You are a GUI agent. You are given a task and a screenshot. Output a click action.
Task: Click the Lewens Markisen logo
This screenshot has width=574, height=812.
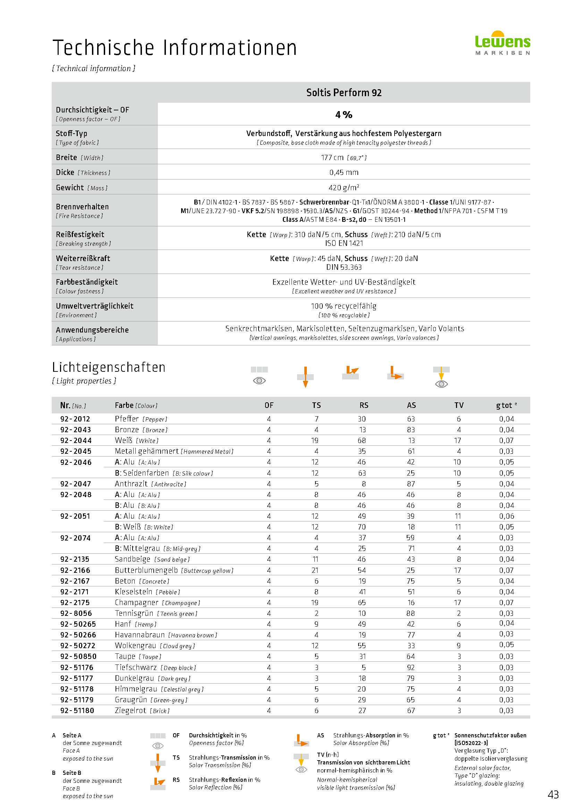pyautogui.click(x=502, y=43)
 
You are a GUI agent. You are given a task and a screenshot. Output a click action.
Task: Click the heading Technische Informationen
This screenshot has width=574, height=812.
pyautogui.click(x=175, y=48)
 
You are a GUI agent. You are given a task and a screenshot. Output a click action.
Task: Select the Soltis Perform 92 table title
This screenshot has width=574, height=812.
pyautogui.click(x=344, y=93)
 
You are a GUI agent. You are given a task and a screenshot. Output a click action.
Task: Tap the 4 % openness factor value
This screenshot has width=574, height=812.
pyautogui.click(x=344, y=115)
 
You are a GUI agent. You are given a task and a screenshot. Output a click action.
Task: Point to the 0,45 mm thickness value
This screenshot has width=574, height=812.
pyautogui.click(x=344, y=173)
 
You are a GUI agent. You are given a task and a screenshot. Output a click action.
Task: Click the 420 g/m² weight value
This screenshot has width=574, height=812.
pyautogui.click(x=344, y=187)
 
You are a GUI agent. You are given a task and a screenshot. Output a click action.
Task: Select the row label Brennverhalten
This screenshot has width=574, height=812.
pyautogui.click(x=82, y=207)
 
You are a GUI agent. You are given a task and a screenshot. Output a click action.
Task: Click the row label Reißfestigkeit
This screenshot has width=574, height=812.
pyautogui.click(x=80, y=234)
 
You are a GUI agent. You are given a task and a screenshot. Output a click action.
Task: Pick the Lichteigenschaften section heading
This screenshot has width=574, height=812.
pyautogui.click(x=109, y=367)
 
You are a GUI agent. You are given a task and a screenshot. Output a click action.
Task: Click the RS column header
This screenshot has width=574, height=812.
pyautogui.click(x=364, y=405)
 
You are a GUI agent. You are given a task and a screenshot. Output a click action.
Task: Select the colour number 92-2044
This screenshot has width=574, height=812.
pyautogui.click(x=76, y=441)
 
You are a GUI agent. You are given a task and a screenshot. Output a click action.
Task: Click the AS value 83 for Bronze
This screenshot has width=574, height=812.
pyautogui.click(x=411, y=430)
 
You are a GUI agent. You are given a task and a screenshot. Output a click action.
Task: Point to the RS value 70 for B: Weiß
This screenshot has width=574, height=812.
pyautogui.click(x=362, y=527)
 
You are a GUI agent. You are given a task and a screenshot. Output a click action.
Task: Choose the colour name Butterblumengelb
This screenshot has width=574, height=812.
pyautogui.click(x=146, y=570)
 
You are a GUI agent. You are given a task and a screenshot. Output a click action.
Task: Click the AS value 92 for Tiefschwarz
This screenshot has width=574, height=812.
pyautogui.click(x=411, y=667)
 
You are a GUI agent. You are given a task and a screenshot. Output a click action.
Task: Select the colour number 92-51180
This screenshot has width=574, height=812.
pyautogui.click(x=77, y=711)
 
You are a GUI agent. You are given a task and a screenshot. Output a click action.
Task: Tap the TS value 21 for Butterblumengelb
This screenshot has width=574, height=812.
pyautogui.click(x=315, y=570)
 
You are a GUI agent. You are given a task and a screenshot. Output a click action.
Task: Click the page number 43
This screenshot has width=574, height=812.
pyautogui.click(x=553, y=795)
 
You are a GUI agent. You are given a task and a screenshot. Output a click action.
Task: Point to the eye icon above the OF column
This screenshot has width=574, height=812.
pyautogui.click(x=260, y=380)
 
